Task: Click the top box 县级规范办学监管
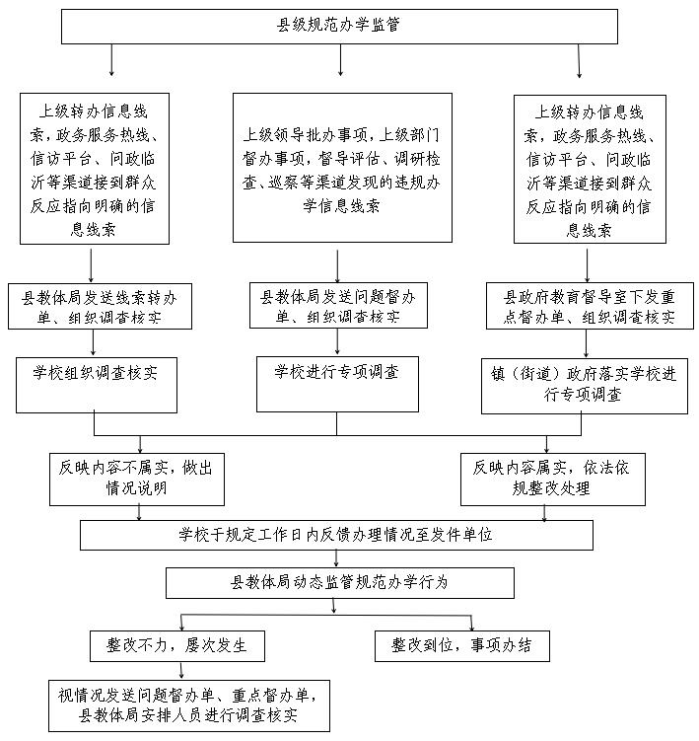pyautogui.click(x=339, y=27)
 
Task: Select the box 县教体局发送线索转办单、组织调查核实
pyautogui.click(x=100, y=306)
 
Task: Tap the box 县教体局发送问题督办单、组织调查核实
pyautogui.click(x=338, y=305)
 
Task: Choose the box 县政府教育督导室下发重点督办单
pyautogui.click(x=590, y=306)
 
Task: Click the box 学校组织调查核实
pyautogui.click(x=97, y=385)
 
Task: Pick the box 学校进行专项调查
pyautogui.click(x=337, y=384)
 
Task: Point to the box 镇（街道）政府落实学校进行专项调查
pyautogui.click(x=585, y=386)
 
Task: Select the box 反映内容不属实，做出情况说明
pyautogui.click(x=136, y=480)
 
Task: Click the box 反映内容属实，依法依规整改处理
pyautogui.click(x=552, y=480)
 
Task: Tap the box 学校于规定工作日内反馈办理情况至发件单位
pyautogui.click(x=336, y=535)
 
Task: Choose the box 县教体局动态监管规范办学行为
pyautogui.click(x=339, y=583)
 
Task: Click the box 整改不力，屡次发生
pyautogui.click(x=177, y=645)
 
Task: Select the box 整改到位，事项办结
pyautogui.click(x=462, y=645)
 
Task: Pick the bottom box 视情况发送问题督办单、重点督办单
pyautogui.click(x=189, y=706)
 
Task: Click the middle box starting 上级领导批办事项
pyautogui.click(x=342, y=168)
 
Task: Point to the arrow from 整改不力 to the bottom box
pyautogui.click(x=181, y=671)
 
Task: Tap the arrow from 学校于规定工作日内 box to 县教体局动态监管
pyautogui.click(x=336, y=558)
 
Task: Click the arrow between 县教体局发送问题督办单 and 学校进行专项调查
pyautogui.click(x=337, y=341)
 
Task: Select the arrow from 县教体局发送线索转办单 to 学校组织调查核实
pyautogui.click(x=93, y=342)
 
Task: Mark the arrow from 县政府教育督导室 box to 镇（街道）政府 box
pyautogui.click(x=587, y=343)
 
